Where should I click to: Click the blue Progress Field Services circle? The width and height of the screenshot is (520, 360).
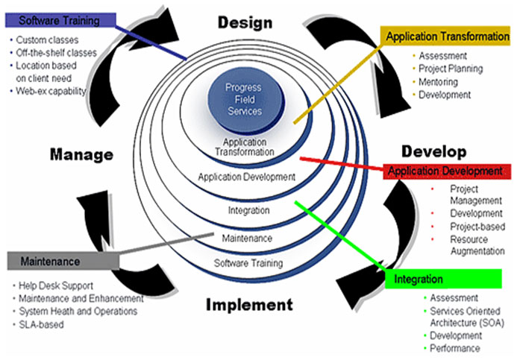[x=244, y=99]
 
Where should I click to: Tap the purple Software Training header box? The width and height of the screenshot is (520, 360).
[x=60, y=19]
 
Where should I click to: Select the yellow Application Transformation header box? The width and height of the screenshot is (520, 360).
[x=447, y=36]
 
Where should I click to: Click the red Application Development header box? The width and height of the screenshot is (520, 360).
[x=447, y=171]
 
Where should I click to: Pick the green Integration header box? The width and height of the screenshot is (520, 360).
[x=445, y=279]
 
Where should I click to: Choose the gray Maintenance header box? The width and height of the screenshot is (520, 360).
[x=63, y=261]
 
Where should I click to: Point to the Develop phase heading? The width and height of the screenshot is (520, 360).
[x=433, y=151]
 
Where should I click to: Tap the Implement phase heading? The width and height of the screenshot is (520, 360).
[x=248, y=304]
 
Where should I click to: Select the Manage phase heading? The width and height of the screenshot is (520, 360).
[x=81, y=155]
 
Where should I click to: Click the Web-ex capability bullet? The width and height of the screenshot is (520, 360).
[x=51, y=91]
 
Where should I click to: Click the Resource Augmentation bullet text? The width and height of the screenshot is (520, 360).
[x=477, y=246]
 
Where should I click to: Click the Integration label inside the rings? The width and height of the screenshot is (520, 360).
[x=248, y=211]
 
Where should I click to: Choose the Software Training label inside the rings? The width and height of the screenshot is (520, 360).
[x=248, y=264]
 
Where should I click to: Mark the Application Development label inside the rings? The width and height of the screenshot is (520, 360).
[x=247, y=177]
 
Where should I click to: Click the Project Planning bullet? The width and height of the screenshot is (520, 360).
[x=450, y=69]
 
